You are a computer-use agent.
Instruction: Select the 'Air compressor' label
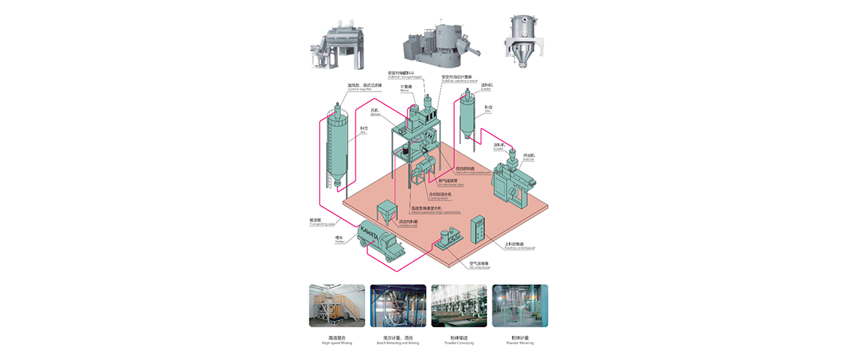(x=479, y=265)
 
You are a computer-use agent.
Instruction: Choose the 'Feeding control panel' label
(x=519, y=247)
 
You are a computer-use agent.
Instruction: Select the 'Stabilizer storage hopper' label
(x=406, y=75)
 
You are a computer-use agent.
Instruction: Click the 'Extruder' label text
(x=529, y=157)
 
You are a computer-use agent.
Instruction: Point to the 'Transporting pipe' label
(x=320, y=223)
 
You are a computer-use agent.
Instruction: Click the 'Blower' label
(x=376, y=112)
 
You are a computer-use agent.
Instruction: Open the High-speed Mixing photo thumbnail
(x=337, y=305)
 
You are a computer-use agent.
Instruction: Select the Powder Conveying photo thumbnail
(x=459, y=305)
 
